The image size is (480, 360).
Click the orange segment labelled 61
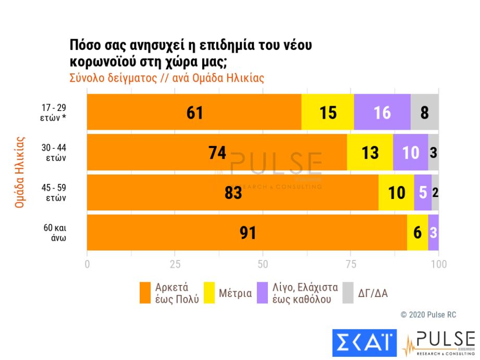194,112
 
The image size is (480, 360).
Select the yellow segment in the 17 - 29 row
328,112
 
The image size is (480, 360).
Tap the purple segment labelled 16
382,112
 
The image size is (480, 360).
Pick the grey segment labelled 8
425,112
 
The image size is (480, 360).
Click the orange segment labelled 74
217,152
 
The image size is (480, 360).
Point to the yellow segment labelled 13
370,152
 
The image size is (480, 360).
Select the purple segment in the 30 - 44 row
411,152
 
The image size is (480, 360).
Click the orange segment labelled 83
232,192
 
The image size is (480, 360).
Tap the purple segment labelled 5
423,192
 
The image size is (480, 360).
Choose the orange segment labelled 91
247,232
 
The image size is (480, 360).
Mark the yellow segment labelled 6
417,232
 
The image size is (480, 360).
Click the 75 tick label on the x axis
351,264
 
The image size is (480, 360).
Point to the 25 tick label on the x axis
175,264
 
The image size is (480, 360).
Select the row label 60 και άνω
55,232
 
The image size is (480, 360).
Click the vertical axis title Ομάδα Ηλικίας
20,172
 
